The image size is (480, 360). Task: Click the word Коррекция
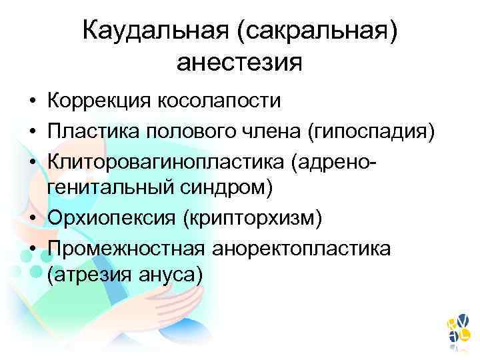click(x=98, y=101)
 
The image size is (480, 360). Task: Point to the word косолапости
click(x=219, y=101)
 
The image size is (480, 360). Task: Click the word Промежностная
click(x=126, y=247)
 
